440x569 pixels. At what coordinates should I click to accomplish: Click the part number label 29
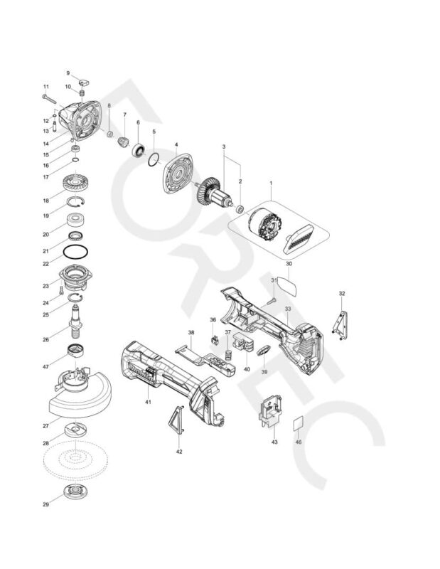[x=45, y=505]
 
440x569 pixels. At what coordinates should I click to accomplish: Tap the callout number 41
[x=149, y=403]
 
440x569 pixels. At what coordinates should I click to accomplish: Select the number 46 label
[x=299, y=442]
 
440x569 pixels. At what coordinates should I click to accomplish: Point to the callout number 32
[x=342, y=293]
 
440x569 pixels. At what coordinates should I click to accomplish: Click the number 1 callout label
[x=271, y=183]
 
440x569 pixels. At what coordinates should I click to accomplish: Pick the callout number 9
[x=69, y=73]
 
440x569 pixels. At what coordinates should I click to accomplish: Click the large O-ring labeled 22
[x=75, y=252]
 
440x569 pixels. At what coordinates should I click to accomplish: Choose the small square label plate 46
[x=299, y=423]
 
